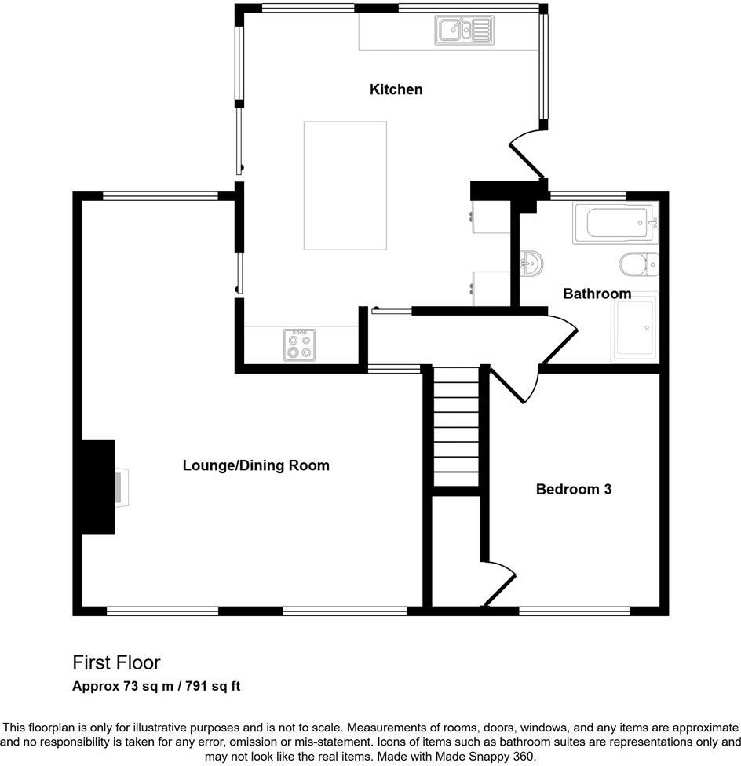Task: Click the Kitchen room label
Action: pos(396,89)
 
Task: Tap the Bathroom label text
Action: pos(597,294)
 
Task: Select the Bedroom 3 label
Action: pos(573,490)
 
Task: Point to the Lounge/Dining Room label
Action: pos(256,465)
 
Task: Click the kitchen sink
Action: pos(464,31)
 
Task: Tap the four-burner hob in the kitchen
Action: pos(299,345)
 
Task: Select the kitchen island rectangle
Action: pos(345,185)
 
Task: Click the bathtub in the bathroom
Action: pos(615,224)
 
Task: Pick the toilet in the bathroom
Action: pos(637,264)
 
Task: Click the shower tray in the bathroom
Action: pos(634,328)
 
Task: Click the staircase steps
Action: pos(455,428)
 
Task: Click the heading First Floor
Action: pos(116,662)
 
